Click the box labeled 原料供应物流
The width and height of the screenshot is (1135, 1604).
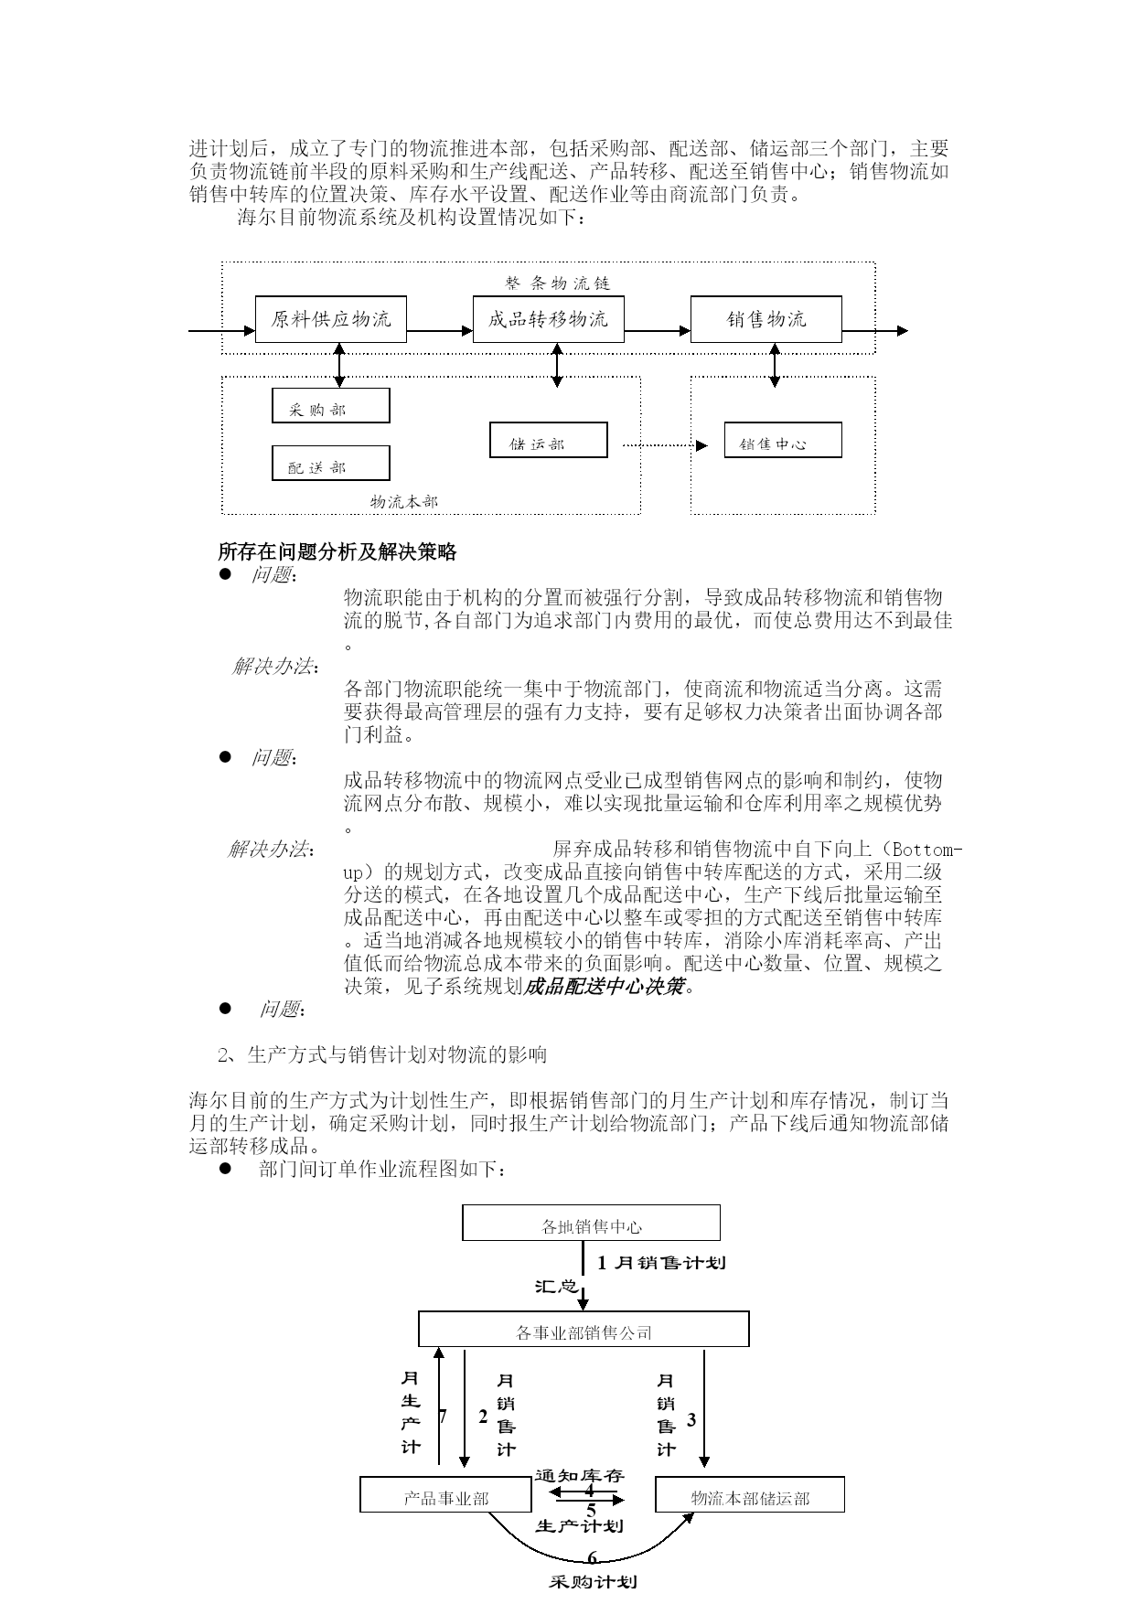click(x=330, y=319)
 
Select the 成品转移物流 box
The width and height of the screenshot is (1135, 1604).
click(x=548, y=319)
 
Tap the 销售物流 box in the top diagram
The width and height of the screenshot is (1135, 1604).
click(x=766, y=319)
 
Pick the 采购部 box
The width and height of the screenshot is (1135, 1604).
click(x=330, y=406)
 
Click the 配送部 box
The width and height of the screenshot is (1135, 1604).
click(x=330, y=464)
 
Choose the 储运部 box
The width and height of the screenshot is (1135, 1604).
click(x=548, y=441)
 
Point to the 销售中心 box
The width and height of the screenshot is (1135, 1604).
click(x=782, y=441)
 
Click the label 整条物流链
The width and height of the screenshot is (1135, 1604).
click(x=557, y=283)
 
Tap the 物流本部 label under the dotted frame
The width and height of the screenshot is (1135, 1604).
click(x=403, y=502)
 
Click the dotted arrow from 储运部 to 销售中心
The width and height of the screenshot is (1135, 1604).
click(x=663, y=445)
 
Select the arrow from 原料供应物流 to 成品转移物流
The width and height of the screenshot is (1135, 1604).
click(x=439, y=331)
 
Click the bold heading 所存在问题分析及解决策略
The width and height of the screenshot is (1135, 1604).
click(x=337, y=551)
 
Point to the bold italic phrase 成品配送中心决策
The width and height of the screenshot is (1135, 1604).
click(x=604, y=986)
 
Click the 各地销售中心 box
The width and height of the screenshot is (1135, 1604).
click(x=591, y=1223)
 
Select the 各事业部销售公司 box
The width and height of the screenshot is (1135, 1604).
click(x=584, y=1329)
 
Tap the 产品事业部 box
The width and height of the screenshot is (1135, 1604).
click(x=445, y=1494)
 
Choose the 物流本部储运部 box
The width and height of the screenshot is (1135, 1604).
click(x=749, y=1494)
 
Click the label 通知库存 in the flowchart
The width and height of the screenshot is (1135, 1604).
click(x=579, y=1475)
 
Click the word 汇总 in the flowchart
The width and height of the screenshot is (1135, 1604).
click(x=555, y=1287)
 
